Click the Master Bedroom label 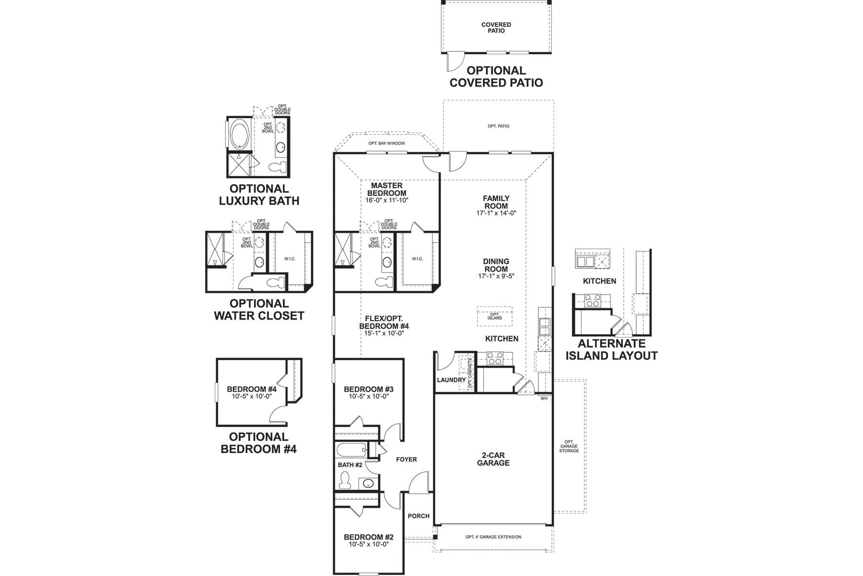click(x=386, y=189)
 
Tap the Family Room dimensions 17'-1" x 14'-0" click(x=496, y=213)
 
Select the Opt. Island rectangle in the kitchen click(x=494, y=317)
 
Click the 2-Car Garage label click(x=493, y=459)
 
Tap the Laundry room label click(x=451, y=380)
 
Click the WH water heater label click(x=544, y=398)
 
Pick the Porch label click(x=419, y=516)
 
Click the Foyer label click(x=406, y=459)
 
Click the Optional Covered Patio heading click(x=496, y=77)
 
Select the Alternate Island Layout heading click(x=611, y=349)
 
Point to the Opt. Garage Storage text click(x=569, y=446)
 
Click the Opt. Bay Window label click(x=386, y=144)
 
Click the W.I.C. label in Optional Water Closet click(x=290, y=259)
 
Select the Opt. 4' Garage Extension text click(x=493, y=537)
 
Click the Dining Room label click(x=496, y=265)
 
